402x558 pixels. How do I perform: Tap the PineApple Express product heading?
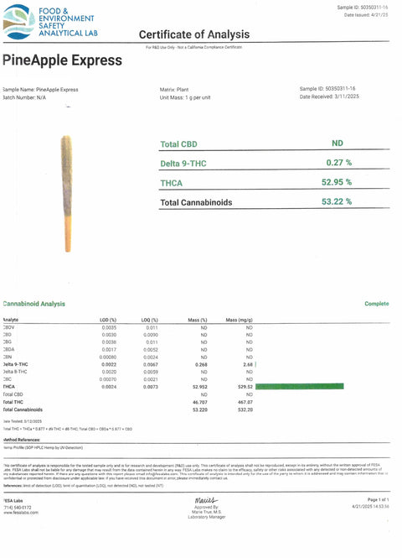63,60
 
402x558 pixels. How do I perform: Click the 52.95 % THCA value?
338,181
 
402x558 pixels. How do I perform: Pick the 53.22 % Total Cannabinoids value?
338,201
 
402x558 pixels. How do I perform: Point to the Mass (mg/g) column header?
240,320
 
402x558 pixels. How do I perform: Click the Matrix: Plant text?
177,88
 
